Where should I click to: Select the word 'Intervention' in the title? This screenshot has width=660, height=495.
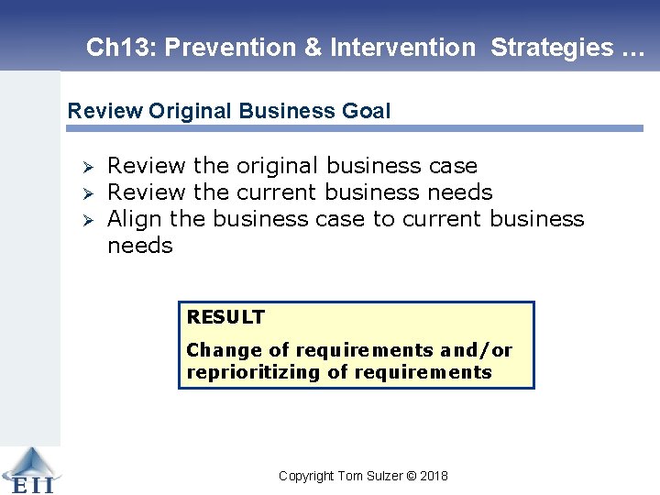click(x=402, y=48)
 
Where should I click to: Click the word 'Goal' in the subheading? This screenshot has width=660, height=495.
click(x=367, y=112)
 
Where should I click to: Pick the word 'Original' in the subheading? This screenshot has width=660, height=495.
click(x=190, y=112)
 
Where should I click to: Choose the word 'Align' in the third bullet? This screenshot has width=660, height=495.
click(x=135, y=219)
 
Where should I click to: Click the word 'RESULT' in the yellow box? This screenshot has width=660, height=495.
click(x=225, y=317)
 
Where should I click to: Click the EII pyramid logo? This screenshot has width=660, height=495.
click(x=28, y=468)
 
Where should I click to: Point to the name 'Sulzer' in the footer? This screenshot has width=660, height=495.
click(x=382, y=476)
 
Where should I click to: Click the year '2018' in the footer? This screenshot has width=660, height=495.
click(x=434, y=476)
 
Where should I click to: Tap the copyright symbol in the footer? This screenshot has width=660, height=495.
click(x=411, y=476)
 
